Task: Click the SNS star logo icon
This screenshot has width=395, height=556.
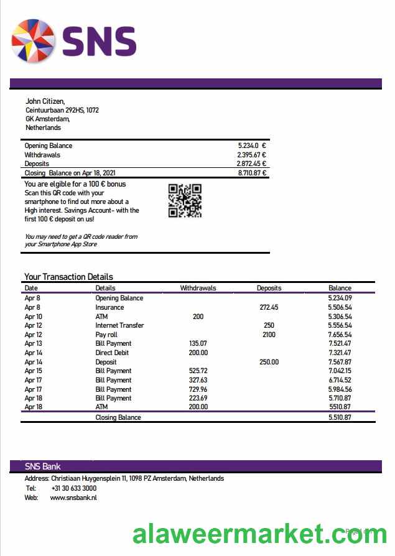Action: (33, 41)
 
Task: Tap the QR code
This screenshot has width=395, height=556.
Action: (185, 200)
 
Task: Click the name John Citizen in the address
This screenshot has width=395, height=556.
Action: (45, 101)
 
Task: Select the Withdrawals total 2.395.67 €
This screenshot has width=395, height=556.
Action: (251, 155)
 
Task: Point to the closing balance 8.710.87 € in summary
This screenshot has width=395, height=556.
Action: (252, 173)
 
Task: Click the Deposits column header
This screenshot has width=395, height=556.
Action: (269, 288)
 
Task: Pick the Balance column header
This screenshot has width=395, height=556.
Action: (340, 288)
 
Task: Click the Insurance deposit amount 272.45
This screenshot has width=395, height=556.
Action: (269, 307)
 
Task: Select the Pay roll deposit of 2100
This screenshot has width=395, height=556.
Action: (269, 335)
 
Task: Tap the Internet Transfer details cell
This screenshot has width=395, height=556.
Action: (119, 325)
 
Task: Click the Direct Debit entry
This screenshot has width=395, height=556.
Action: (112, 353)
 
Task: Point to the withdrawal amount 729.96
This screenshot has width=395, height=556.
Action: (198, 389)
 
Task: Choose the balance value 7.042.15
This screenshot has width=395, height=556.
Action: (339, 371)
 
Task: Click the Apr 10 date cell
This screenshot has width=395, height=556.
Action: (33, 317)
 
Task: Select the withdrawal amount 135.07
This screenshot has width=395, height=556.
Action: (198, 343)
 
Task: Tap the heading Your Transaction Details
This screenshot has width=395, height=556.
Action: (68, 277)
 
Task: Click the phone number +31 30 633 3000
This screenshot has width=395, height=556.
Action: (73, 488)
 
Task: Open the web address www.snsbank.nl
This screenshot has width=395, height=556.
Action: (73, 498)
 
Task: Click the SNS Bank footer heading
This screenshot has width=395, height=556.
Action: (42, 466)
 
